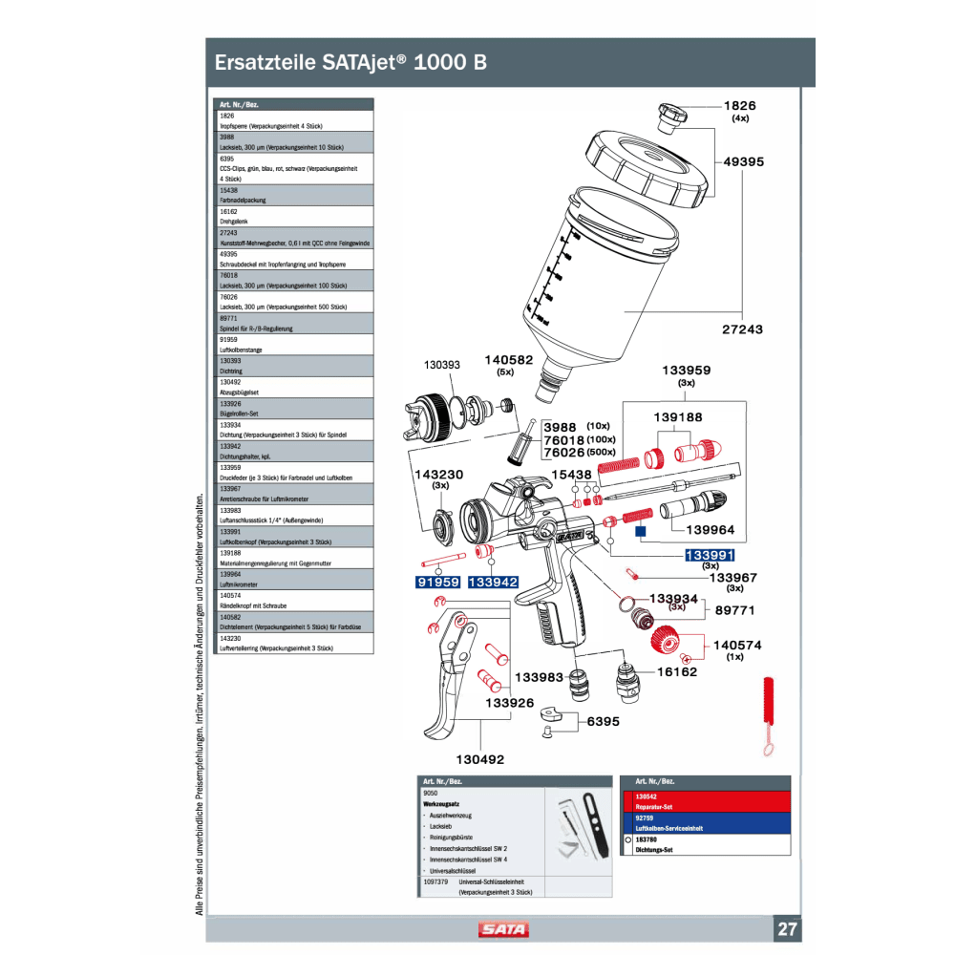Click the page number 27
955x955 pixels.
[x=788, y=929]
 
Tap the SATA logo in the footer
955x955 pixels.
[x=503, y=929]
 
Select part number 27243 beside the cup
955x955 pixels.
[x=743, y=329]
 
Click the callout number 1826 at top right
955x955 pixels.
[x=740, y=105]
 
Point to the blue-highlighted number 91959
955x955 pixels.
[x=437, y=582]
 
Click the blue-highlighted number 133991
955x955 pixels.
[x=710, y=555]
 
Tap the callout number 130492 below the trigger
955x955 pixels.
[x=479, y=759]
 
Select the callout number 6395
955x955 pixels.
[x=604, y=721]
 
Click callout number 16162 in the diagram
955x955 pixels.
[x=677, y=671]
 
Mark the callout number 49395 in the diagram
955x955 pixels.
[x=744, y=162]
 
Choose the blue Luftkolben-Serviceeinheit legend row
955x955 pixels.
[x=706, y=823]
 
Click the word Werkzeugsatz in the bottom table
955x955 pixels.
[x=442, y=804]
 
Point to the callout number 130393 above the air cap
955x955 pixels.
[x=442, y=365]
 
